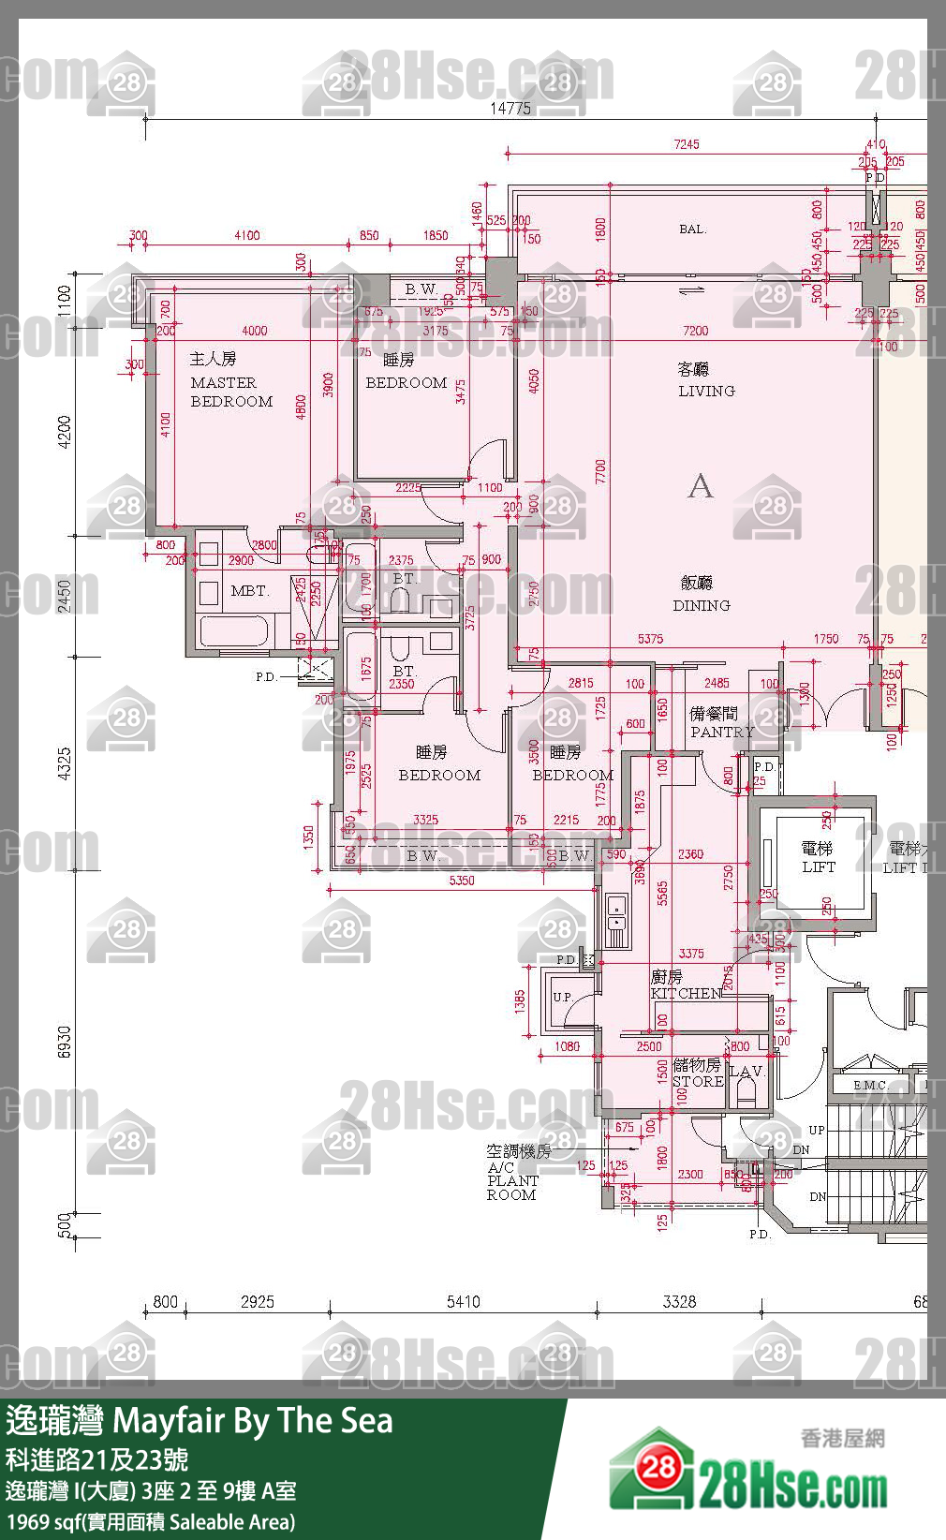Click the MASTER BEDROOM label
click(x=231, y=392)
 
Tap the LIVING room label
click(x=706, y=392)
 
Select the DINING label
click(x=701, y=606)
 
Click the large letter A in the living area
click(x=700, y=486)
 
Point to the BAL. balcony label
click(x=692, y=230)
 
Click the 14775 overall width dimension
click(x=510, y=109)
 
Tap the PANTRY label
click(x=721, y=733)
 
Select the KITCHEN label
click(x=686, y=994)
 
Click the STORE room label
click(x=698, y=1081)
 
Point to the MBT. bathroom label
click(x=249, y=591)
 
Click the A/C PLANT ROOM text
click(x=512, y=1180)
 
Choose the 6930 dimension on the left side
click(x=65, y=1042)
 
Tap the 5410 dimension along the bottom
click(x=464, y=1302)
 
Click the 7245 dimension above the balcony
click(x=686, y=144)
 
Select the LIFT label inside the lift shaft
click(x=818, y=867)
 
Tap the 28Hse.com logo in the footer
click(x=749, y=1473)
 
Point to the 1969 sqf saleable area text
click(x=150, y=1522)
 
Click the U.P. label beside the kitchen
click(x=562, y=997)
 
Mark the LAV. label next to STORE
click(x=746, y=1072)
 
